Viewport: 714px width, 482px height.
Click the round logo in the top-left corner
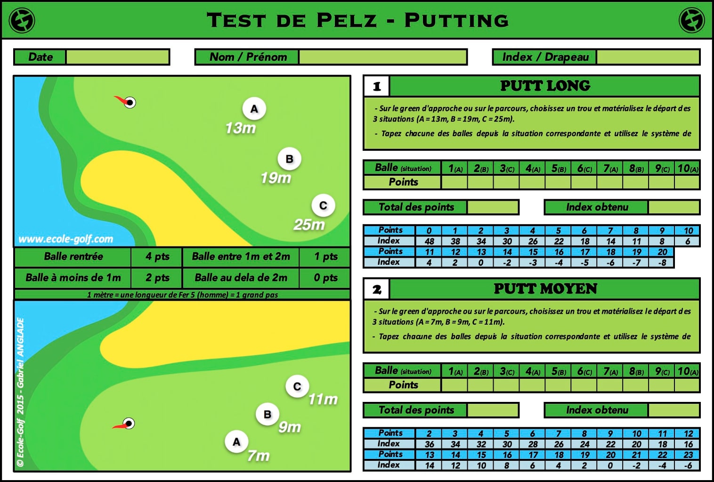[22, 21]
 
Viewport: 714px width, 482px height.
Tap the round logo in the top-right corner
[691, 21]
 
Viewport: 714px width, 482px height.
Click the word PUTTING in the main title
[456, 20]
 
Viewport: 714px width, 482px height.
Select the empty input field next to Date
[117, 57]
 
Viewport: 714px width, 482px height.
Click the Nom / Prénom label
[248, 57]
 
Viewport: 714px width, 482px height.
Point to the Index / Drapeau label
[545, 57]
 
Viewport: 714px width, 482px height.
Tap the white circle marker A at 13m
[254, 109]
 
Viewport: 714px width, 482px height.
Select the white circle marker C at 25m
[323, 205]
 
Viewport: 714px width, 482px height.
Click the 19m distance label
[276, 178]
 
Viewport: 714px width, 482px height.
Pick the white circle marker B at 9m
[268, 415]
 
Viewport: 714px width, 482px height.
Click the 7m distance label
[259, 456]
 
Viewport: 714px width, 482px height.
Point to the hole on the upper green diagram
[130, 102]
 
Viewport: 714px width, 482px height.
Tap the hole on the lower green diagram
[129, 423]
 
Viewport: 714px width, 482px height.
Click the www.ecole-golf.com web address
[65, 239]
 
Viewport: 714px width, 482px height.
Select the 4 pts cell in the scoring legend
[157, 257]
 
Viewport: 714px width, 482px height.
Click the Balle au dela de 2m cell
[241, 278]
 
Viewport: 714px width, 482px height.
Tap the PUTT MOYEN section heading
[545, 289]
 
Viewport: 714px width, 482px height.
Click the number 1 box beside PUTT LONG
[376, 86]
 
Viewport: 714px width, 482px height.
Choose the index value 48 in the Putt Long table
[429, 241]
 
